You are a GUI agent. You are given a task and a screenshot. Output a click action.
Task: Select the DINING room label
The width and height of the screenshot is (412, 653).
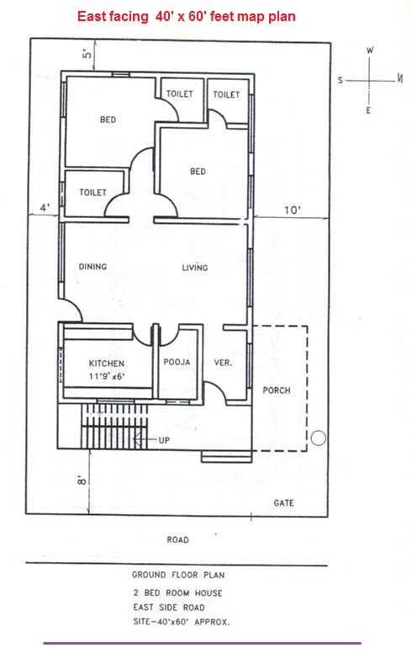click(92, 268)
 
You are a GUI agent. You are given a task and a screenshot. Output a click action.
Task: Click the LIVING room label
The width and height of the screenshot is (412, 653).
click(195, 268)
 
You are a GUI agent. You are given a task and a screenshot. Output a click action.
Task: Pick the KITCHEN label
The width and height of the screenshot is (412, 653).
click(106, 364)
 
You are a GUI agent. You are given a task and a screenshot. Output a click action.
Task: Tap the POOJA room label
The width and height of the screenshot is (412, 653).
click(177, 363)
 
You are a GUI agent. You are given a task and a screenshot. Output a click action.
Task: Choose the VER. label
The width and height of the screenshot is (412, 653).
click(224, 363)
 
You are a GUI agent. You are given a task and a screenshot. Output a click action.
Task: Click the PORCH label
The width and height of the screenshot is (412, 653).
click(277, 390)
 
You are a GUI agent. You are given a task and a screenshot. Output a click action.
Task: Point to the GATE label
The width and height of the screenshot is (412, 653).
click(283, 502)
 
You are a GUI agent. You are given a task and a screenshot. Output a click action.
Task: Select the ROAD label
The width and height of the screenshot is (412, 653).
click(177, 539)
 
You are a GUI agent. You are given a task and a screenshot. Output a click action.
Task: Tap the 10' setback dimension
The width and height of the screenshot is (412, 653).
click(291, 210)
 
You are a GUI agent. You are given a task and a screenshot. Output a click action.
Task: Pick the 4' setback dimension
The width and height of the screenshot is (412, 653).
click(44, 207)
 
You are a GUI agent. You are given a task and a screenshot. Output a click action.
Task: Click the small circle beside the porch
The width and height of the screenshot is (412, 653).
click(318, 438)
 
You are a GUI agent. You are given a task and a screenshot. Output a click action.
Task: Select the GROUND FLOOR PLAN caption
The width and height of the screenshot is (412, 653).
click(177, 576)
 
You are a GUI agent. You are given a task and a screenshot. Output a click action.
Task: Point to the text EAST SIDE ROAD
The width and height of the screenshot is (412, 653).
click(169, 607)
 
